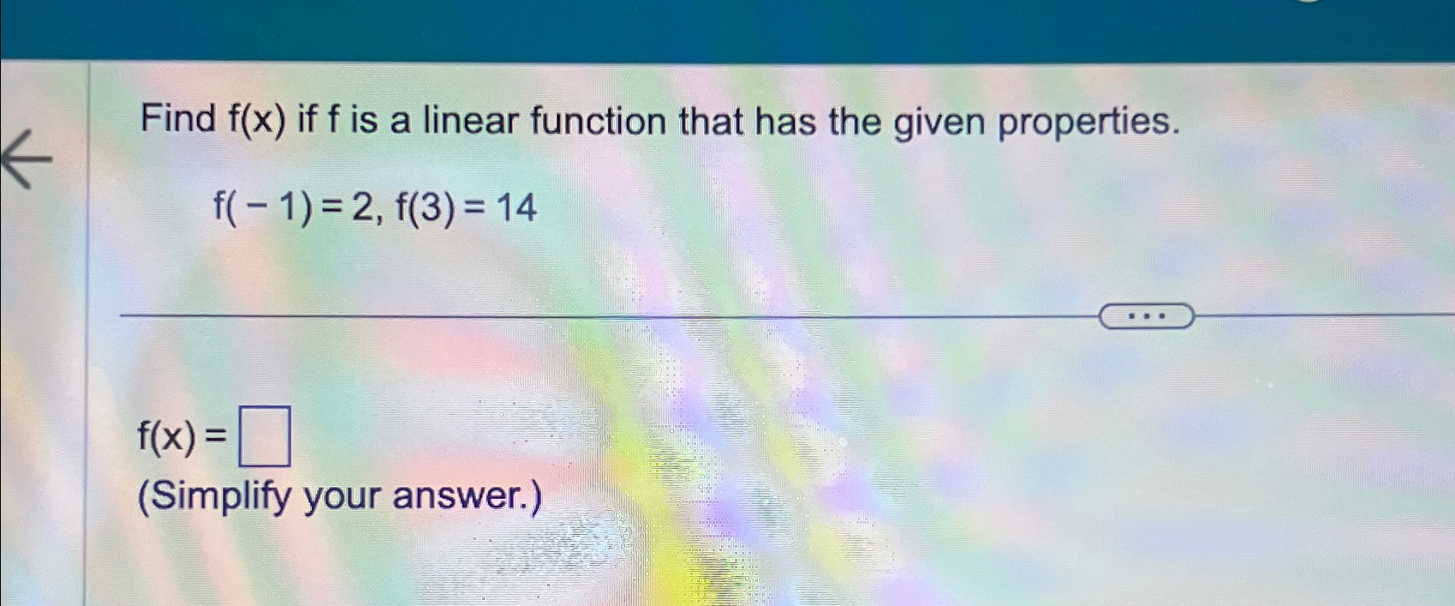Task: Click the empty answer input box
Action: pos(264,437)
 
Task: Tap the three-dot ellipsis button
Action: pos(1146,316)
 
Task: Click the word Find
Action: pos(178,118)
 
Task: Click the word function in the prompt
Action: pos(598,120)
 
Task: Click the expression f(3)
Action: pos(426,208)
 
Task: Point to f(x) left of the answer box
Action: pos(167,437)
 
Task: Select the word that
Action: pos(711,120)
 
